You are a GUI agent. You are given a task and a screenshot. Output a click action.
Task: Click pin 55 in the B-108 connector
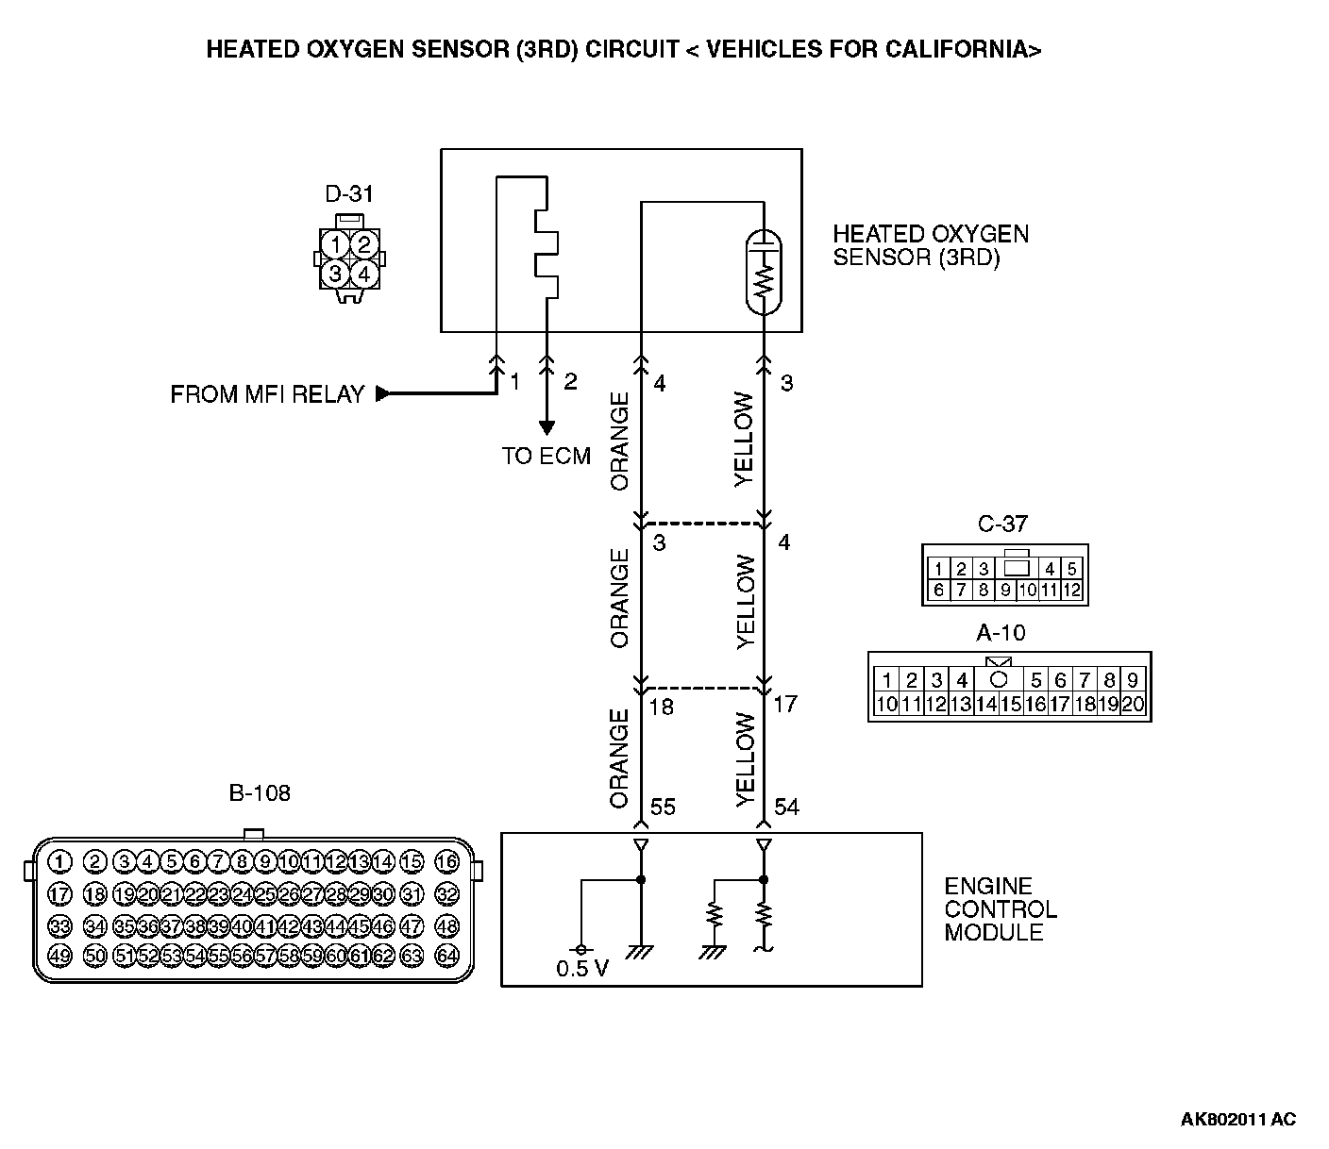point(218,956)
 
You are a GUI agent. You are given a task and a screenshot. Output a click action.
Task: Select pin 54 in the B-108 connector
point(195,956)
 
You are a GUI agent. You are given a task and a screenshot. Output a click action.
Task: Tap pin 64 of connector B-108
point(446,956)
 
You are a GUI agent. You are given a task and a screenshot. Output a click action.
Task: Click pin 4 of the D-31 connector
point(365,275)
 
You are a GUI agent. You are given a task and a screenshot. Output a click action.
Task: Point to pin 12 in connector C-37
point(1071,591)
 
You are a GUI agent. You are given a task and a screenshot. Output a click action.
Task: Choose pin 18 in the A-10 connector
point(1085,704)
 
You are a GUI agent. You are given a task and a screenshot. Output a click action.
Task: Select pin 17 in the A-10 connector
point(1060,704)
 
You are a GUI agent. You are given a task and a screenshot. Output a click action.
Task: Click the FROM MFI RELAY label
point(267,394)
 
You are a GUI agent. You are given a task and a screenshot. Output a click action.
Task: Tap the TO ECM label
point(546,457)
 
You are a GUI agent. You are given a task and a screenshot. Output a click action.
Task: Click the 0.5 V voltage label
point(582,969)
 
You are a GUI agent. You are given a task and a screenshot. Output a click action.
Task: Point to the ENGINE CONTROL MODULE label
point(1001,909)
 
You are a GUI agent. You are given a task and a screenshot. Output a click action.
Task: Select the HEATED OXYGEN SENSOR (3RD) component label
point(930,245)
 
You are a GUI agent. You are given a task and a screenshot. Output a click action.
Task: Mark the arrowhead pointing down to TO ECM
point(546,429)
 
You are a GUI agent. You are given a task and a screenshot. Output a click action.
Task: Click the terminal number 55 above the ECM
point(663,808)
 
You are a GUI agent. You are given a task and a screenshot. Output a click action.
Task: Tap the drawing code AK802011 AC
point(1237,1120)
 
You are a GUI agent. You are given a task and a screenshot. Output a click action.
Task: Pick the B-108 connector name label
point(260,793)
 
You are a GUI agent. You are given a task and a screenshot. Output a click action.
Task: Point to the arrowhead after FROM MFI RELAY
point(382,394)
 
